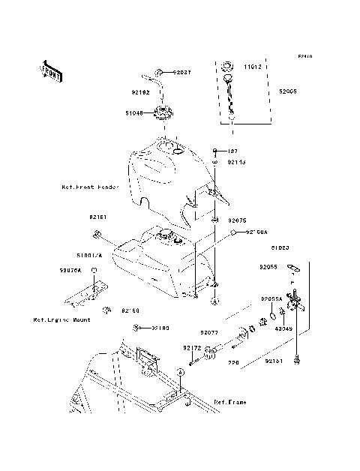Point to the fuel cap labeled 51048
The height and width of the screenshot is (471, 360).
(x=161, y=115)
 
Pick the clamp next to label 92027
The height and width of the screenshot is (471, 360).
(x=160, y=73)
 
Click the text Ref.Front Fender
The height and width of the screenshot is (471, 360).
(x=89, y=187)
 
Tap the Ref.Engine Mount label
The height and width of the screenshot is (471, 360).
(x=61, y=319)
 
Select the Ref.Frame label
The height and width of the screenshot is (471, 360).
(x=230, y=403)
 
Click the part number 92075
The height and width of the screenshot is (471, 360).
(x=237, y=221)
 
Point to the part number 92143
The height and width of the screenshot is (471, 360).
(x=237, y=161)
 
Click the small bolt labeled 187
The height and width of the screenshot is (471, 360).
(x=214, y=151)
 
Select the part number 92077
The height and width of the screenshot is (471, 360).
(x=208, y=331)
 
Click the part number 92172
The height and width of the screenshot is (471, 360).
(x=192, y=348)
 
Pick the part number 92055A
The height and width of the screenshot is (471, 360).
(x=271, y=298)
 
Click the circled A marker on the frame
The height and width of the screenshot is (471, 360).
(x=180, y=372)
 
